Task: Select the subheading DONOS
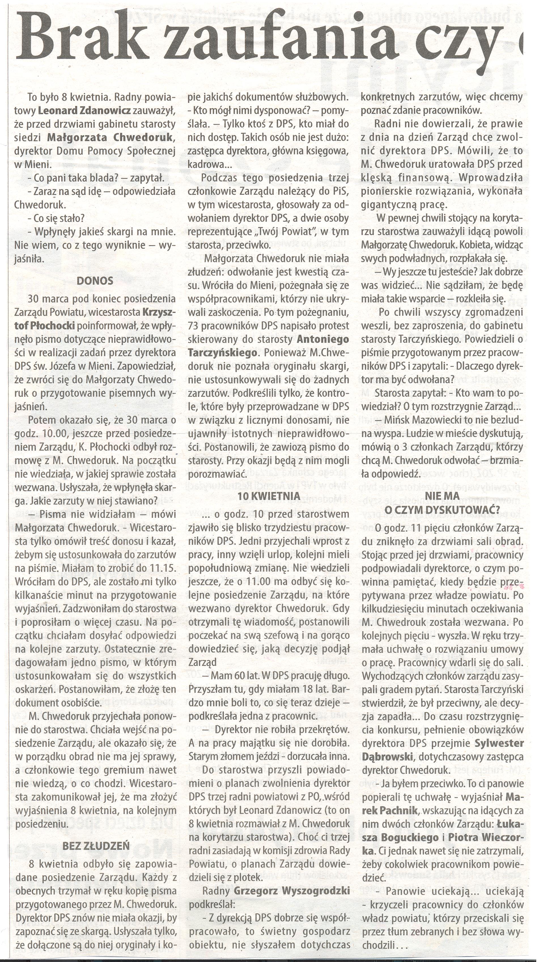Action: (95, 281)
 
